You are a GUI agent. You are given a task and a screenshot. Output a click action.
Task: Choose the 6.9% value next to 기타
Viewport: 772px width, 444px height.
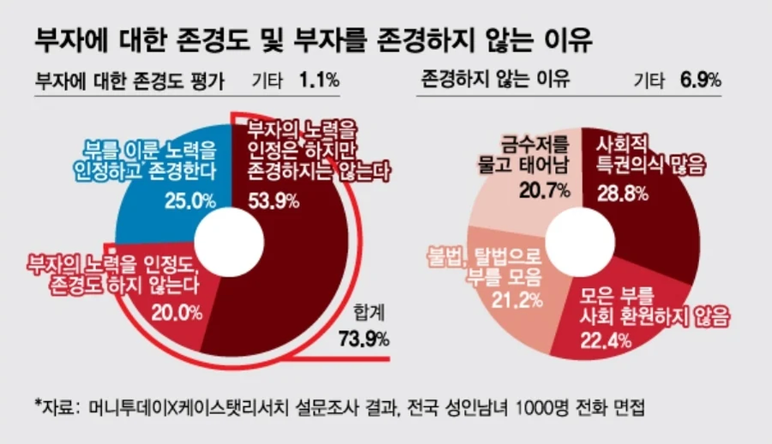[700, 81]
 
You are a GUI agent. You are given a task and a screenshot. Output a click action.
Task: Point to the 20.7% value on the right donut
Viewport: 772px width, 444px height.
[545, 190]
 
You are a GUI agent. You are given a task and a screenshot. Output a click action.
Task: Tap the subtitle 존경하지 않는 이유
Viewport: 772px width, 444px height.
[497, 81]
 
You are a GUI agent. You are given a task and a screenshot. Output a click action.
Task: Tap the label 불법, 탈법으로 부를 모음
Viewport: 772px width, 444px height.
[486, 266]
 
